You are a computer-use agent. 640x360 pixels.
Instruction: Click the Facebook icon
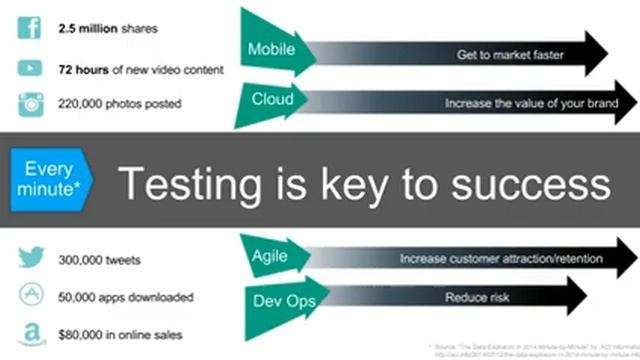[x=28, y=26]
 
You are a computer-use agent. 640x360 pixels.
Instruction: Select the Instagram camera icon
[x=29, y=104]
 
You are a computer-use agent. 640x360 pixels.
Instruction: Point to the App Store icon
[x=30, y=297]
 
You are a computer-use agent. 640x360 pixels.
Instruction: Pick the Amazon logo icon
[x=30, y=334]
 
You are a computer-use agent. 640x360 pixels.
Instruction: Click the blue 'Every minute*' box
[x=47, y=179]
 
